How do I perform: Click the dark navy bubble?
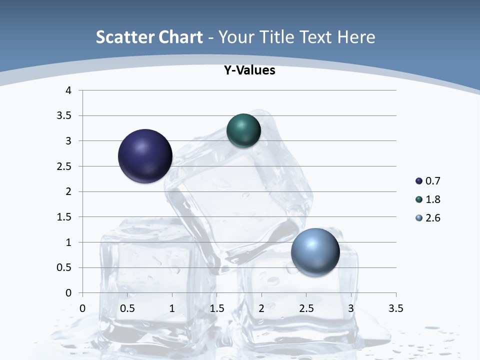145,156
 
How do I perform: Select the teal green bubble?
243,130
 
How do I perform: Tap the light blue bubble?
315,252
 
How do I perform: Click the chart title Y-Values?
249,70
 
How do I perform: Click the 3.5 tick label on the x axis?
395,308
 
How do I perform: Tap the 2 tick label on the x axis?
261,308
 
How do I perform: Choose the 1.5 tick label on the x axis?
216,308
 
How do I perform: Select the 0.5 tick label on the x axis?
127,308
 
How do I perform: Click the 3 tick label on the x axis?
351,308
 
